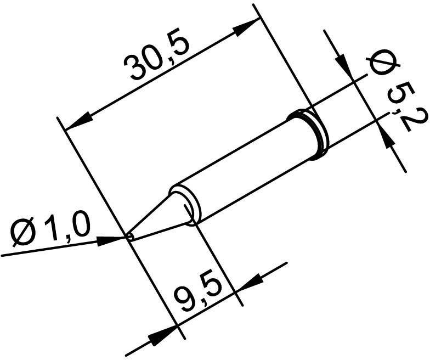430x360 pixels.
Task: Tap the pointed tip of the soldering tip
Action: (129, 237)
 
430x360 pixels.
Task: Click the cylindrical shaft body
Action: (247, 165)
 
